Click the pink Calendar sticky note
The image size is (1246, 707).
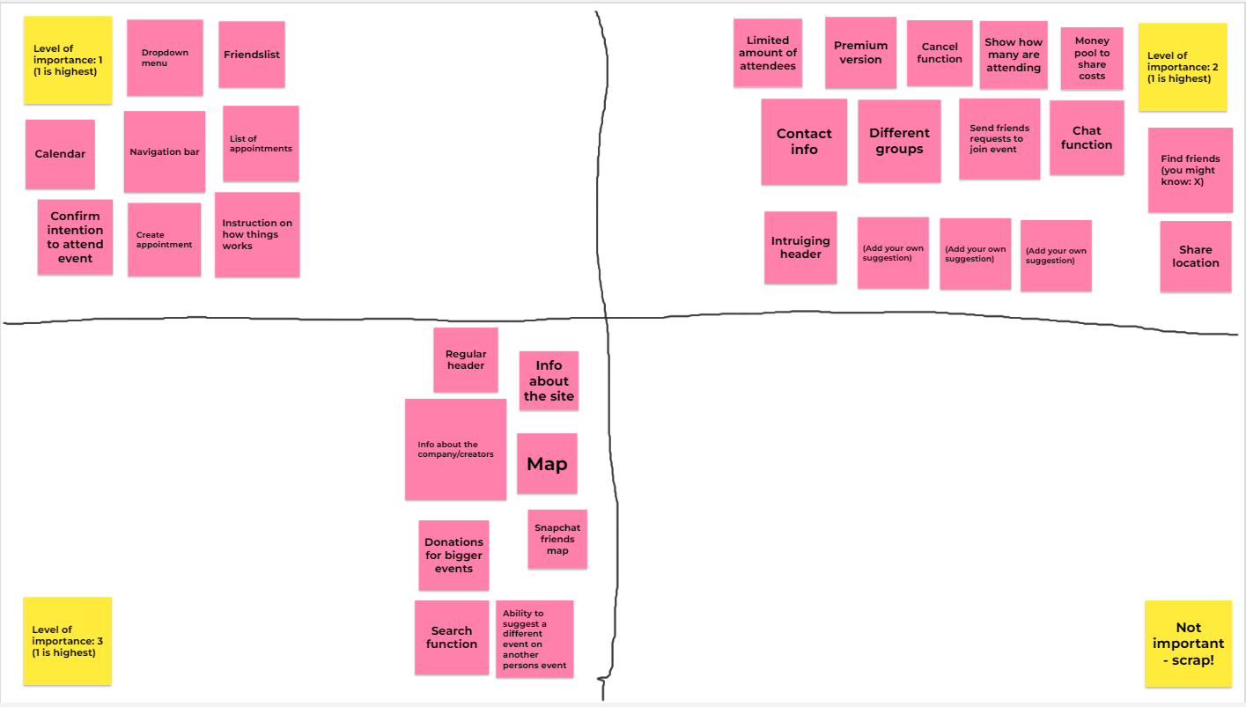pyautogui.click(x=60, y=154)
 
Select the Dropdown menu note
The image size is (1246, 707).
pyautogui.click(x=165, y=58)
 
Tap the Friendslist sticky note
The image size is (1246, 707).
pyautogui.click(x=252, y=55)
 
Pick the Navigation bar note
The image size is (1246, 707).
pyautogui.click(x=165, y=151)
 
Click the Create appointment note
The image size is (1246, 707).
pyautogui.click(x=164, y=239)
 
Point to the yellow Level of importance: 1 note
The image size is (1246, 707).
pyautogui.click(x=68, y=60)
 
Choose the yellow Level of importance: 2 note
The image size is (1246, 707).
pyautogui.click(x=1183, y=67)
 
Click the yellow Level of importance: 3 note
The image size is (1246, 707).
pyautogui.click(x=68, y=641)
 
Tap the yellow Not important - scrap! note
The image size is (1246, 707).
pyautogui.click(x=1188, y=644)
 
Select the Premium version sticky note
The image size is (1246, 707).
pyautogui.click(x=860, y=53)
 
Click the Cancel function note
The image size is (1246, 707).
pyautogui.click(x=940, y=54)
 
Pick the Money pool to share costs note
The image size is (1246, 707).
pyautogui.click(x=1092, y=59)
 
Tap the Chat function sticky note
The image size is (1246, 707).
pyautogui.click(x=1087, y=138)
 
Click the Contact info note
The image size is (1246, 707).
pyautogui.click(x=804, y=142)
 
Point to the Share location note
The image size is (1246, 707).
pyautogui.click(x=1196, y=256)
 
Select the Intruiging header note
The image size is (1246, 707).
pyautogui.click(x=800, y=247)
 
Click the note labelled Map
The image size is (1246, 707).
pyautogui.click(x=547, y=463)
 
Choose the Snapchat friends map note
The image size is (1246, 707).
pyautogui.click(x=557, y=539)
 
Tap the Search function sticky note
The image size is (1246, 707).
pyautogui.click(x=452, y=637)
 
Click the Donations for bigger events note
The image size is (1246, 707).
pyautogui.click(x=453, y=556)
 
